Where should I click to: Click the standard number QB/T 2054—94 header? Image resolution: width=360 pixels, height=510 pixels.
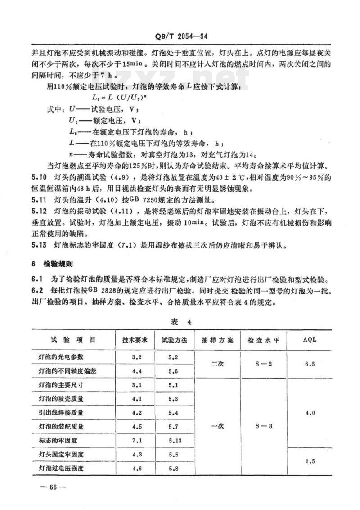pos(180,36)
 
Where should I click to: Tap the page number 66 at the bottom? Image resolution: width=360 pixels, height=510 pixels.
pos(53,487)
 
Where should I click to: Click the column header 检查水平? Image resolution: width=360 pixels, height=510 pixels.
pos(263,340)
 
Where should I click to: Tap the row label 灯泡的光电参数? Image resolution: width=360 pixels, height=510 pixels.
pos(61,357)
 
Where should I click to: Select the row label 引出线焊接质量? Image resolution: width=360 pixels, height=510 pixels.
pos(61,412)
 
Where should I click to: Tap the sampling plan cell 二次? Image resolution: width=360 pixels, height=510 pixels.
pos(217,364)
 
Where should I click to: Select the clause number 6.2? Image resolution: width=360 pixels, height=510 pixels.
pos(36,291)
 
